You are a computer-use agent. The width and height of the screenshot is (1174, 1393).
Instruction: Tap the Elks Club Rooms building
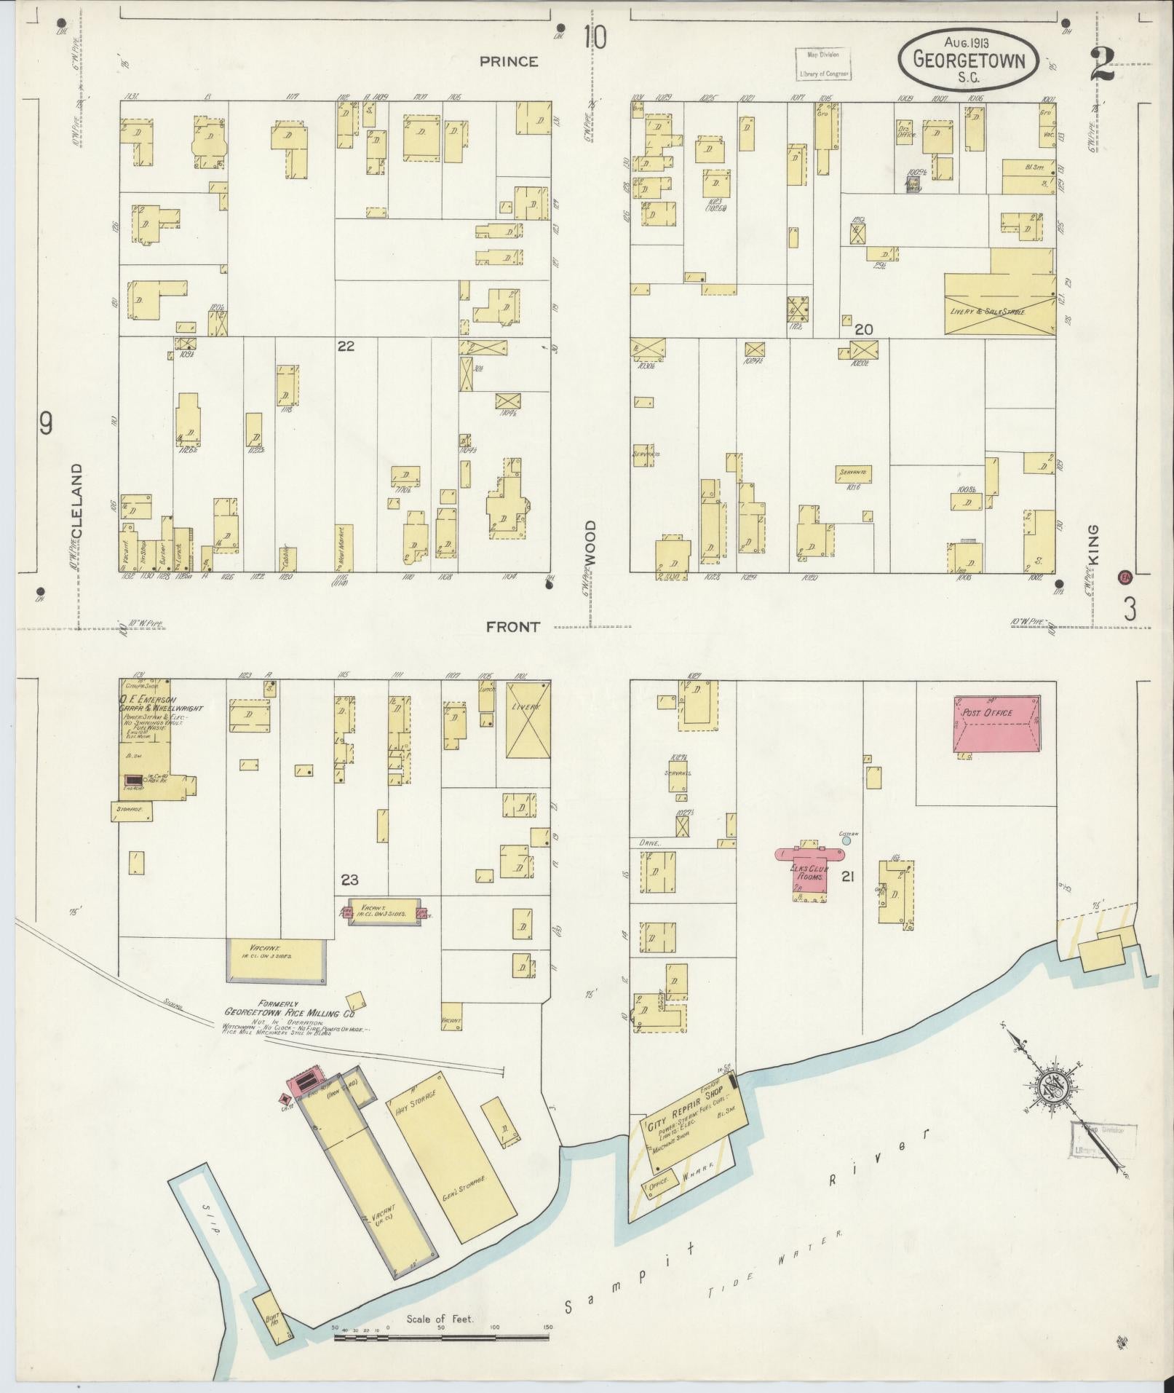pos(809,870)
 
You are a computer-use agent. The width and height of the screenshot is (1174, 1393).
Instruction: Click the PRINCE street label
pos(509,62)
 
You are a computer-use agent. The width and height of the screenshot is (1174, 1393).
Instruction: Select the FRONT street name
pos(513,627)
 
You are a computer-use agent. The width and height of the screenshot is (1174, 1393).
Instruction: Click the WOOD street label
pos(590,544)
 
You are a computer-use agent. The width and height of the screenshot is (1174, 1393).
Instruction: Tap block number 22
pos(345,347)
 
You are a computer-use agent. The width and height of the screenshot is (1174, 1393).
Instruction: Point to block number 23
pos(349,880)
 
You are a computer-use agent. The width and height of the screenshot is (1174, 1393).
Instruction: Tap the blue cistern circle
pos(845,840)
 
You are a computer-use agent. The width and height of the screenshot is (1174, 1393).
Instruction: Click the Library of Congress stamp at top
pos(822,63)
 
